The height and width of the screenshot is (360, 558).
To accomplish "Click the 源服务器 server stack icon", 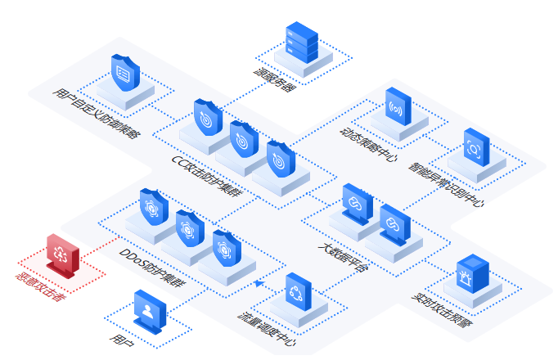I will (302, 44).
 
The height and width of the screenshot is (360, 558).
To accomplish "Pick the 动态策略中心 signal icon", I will (398, 106).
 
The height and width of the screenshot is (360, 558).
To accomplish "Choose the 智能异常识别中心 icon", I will (476, 146).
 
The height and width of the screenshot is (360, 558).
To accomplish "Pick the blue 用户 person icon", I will (149, 310).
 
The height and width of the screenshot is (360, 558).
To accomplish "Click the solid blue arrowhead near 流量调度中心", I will (259, 284).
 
